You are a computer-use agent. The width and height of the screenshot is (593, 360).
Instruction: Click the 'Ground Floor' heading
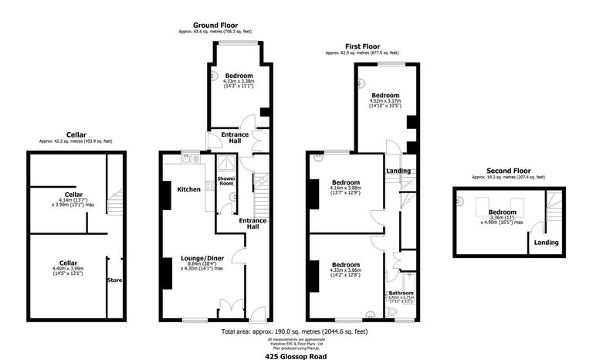click(216, 25)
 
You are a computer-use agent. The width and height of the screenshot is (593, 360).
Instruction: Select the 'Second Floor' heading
click(509, 171)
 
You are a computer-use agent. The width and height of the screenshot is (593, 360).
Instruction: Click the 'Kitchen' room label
click(189, 189)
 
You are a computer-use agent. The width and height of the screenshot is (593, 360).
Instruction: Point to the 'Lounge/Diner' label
click(202, 257)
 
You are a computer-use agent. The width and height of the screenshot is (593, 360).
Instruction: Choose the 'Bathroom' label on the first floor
click(401, 293)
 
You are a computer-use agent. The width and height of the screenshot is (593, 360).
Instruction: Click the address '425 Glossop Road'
click(296, 352)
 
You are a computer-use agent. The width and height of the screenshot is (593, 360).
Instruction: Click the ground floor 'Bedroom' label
click(239, 76)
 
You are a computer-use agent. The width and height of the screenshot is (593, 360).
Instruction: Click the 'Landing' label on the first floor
click(398, 171)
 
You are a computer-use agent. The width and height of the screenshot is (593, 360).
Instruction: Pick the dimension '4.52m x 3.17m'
click(385, 100)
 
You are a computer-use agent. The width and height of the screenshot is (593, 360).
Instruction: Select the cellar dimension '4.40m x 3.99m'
click(66, 268)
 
